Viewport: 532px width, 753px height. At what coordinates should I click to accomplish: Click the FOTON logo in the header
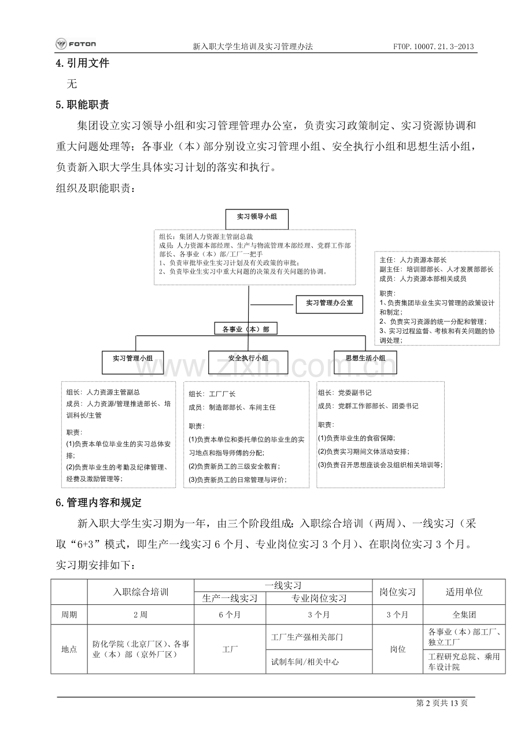76,44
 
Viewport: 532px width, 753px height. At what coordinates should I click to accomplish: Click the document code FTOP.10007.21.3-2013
434,46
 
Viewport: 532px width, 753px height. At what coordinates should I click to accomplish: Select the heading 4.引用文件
82,64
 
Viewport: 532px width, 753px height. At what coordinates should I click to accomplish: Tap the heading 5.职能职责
82,105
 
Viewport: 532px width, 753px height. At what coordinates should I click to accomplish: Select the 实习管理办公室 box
328,304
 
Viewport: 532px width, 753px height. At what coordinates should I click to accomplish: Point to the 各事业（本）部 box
245,329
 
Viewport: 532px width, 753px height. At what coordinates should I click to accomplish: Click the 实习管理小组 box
132,359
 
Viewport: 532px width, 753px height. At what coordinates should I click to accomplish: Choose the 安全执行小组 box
248,359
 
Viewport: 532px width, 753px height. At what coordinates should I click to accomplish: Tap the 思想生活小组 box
365,359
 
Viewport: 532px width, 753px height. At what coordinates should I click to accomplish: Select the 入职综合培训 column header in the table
141,592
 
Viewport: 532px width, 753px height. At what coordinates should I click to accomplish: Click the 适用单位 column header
464,592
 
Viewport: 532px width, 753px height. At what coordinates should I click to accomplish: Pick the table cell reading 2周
141,615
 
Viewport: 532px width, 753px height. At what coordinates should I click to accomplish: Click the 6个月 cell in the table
230,615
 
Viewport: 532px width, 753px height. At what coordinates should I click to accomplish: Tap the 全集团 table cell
464,615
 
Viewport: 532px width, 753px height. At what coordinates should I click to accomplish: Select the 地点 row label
69,649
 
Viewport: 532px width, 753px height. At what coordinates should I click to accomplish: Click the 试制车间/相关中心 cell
305,662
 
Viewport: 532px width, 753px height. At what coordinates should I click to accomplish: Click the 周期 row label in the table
69,615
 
